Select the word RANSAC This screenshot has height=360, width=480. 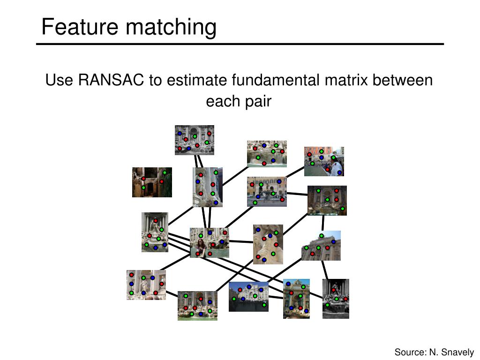pos(111,80)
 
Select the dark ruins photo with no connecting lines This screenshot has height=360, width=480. pos(152,182)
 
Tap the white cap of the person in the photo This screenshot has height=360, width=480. pos(334,154)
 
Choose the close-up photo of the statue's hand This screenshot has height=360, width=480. pos(268,245)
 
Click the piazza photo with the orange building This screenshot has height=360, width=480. pos(267,192)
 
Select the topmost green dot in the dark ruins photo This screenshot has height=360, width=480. pos(165,172)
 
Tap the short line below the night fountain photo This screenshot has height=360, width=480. pos(323,223)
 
